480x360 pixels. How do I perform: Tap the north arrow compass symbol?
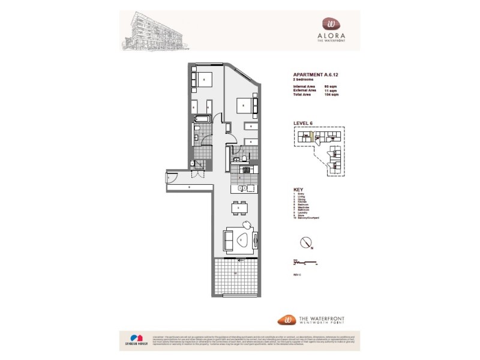(x=307, y=243)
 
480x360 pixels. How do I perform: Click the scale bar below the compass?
(x=306, y=262)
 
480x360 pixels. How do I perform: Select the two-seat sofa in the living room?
(x=228, y=240)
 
